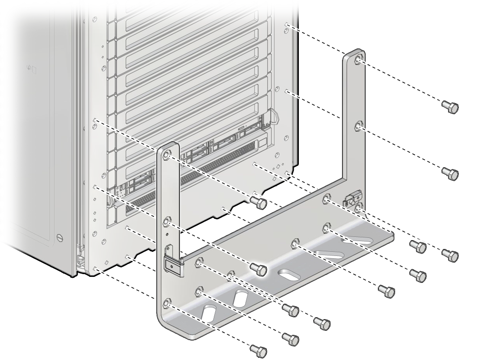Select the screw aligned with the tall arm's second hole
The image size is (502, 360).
tap(450, 173)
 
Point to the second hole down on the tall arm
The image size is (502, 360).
tap(358, 126)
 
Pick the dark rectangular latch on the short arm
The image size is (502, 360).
tap(172, 266)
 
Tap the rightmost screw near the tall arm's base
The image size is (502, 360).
tap(450, 255)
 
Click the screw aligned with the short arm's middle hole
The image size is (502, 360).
tap(258, 268)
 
